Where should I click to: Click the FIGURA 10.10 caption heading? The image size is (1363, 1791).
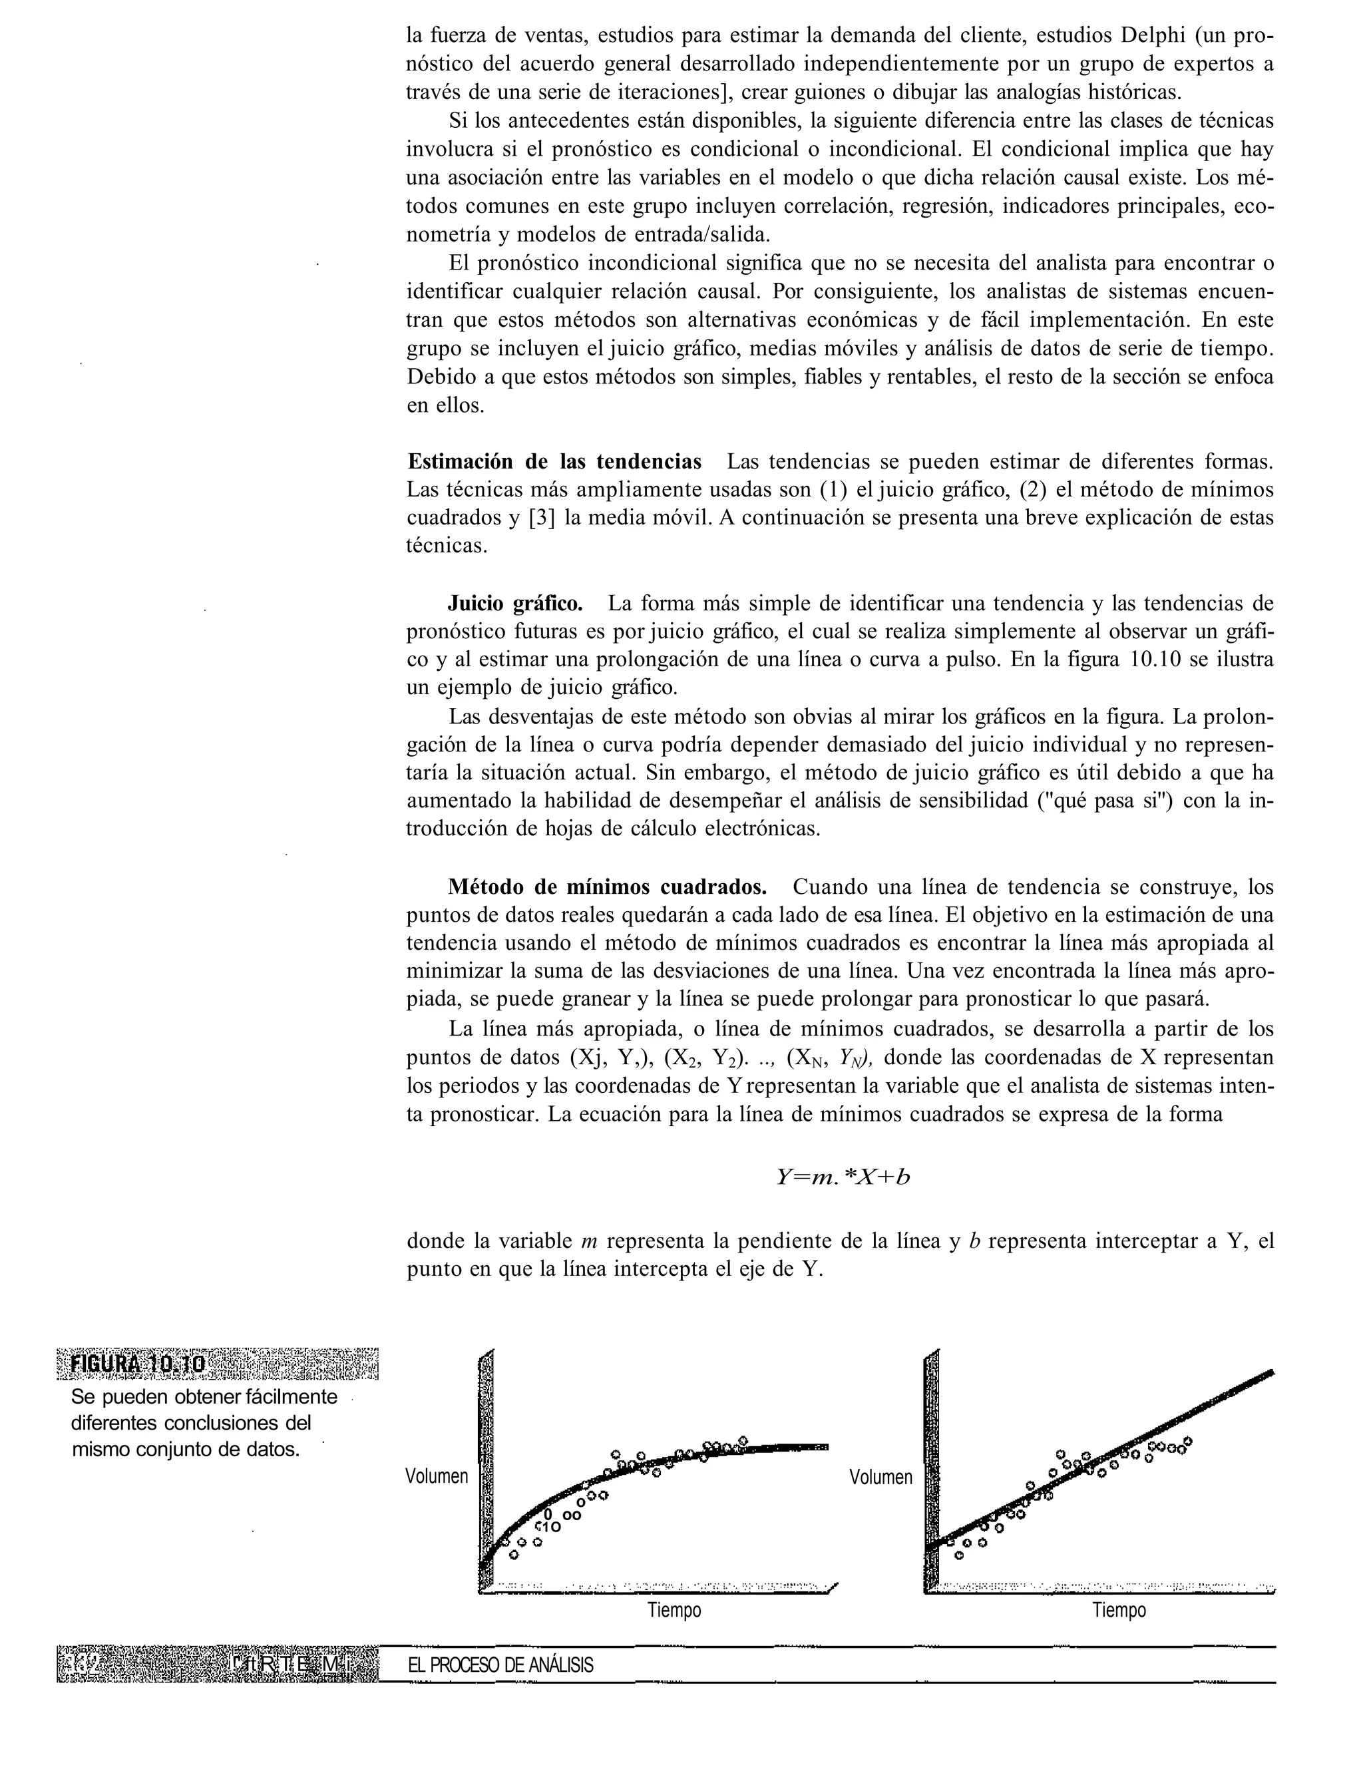pyautogui.click(x=138, y=1365)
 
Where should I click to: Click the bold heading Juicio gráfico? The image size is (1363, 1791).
pyautogui.click(x=515, y=604)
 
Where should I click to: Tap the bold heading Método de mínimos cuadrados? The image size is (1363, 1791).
pyautogui.click(x=607, y=887)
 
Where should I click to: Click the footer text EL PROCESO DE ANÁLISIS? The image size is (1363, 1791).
pyautogui.click(x=500, y=1666)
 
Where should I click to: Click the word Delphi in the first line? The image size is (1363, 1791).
pyautogui.click(x=1158, y=36)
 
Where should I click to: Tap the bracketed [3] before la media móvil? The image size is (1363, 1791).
pyautogui.click(x=542, y=518)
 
